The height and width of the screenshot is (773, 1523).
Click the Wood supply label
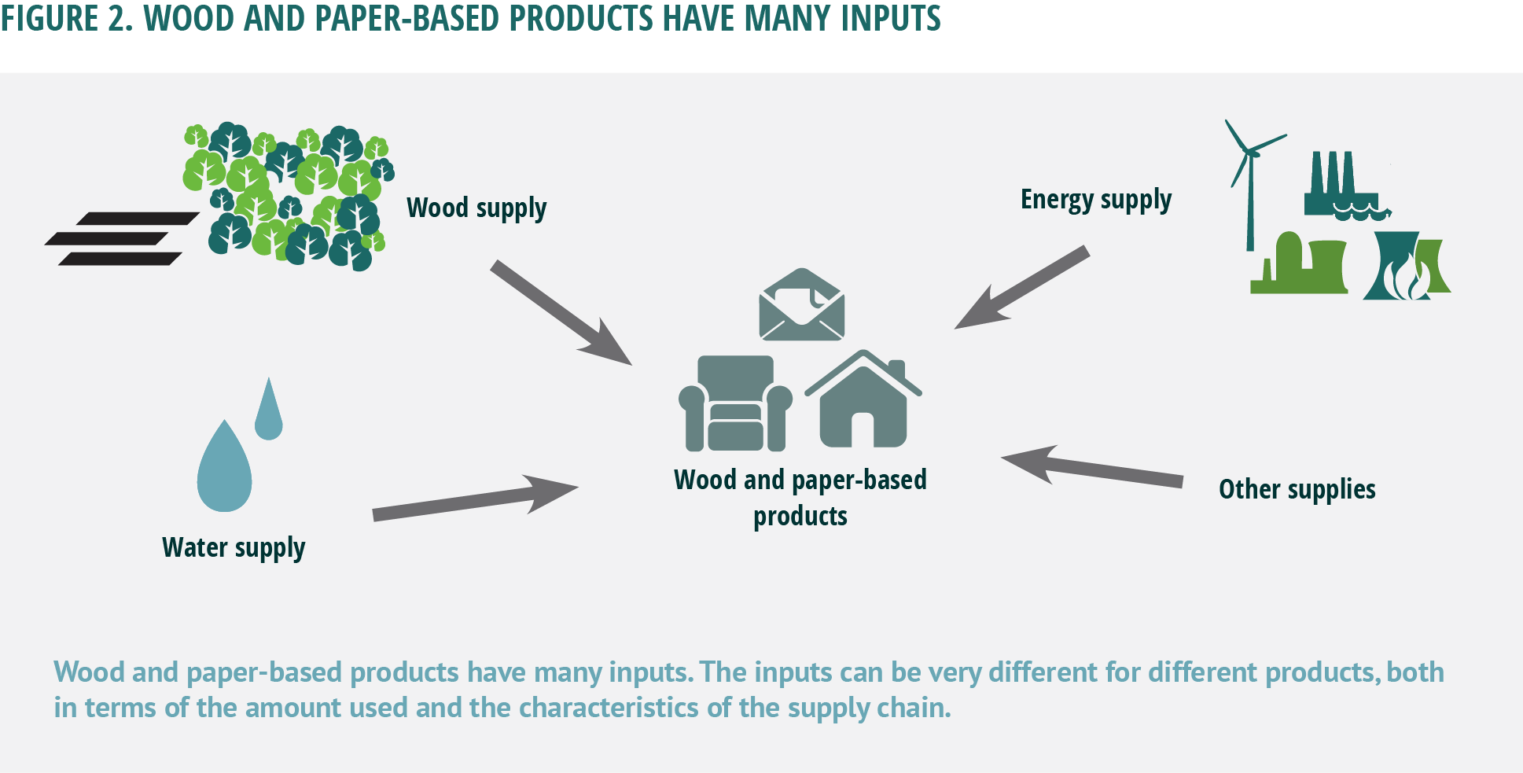coord(476,208)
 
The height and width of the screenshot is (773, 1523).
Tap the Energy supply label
coord(1095,200)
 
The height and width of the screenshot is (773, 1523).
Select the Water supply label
coord(234,547)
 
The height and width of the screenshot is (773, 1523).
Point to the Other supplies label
coord(1297,489)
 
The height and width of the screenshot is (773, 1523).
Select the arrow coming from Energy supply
coord(1021,288)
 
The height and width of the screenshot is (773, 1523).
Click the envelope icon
coord(801,305)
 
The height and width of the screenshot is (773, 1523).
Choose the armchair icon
coord(734,404)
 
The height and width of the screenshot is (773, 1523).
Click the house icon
coord(863,400)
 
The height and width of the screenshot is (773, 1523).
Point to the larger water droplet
coord(224,470)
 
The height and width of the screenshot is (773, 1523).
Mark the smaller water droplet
coord(268,412)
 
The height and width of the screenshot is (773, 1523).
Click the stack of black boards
coord(122,238)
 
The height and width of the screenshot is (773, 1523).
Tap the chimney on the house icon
coord(897,370)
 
